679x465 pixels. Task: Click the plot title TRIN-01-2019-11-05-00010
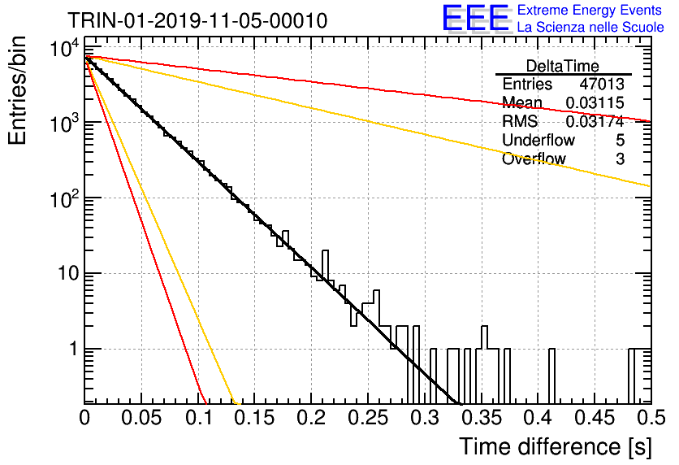[197, 20]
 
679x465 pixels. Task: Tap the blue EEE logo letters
[476, 18]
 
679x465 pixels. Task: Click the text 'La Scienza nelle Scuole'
[590, 28]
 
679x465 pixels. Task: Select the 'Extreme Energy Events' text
[590, 10]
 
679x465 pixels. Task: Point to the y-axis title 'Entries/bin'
[17, 90]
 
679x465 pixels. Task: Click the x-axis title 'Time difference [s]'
[556, 446]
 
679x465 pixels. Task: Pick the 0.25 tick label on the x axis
[368, 418]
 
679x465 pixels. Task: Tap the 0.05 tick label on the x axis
[141, 418]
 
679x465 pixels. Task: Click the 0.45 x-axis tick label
[595, 418]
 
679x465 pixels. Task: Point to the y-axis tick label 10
[68, 273]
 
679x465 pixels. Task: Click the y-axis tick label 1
[74, 349]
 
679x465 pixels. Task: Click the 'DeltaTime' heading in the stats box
[563, 66]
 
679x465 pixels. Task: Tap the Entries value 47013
[602, 84]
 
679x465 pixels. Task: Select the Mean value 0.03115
[595, 102]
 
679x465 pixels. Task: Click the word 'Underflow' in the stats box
[538, 140]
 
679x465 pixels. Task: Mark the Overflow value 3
[620, 159]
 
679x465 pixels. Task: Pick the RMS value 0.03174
[595, 121]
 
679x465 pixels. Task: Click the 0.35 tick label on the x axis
[482, 418]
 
